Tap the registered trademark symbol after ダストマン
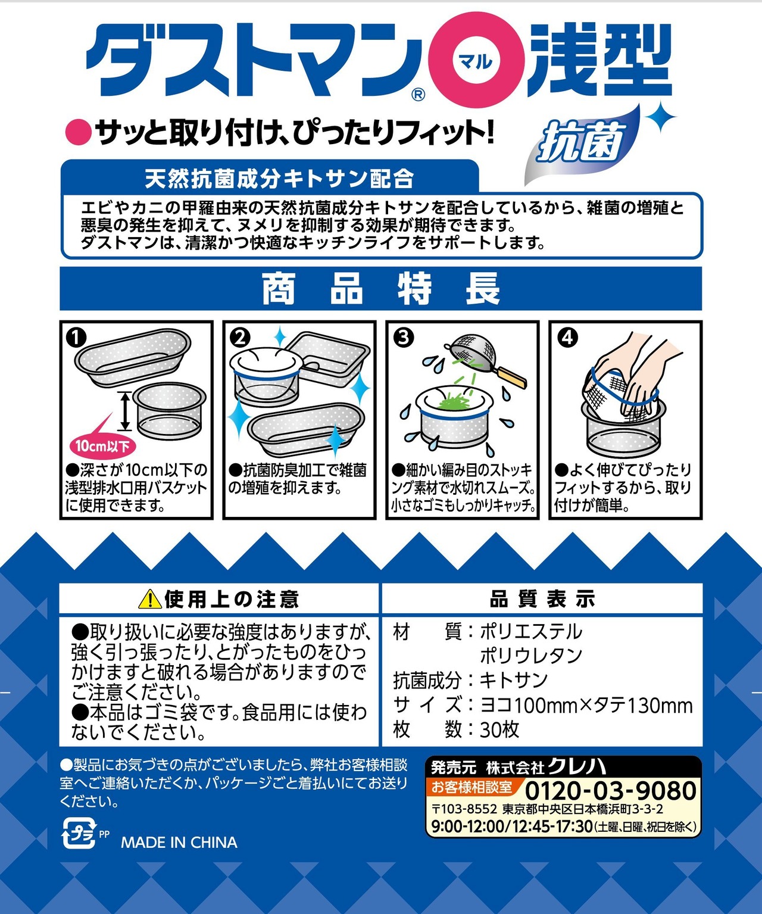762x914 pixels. [418, 95]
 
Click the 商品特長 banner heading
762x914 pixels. [381, 288]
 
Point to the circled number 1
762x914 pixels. [76, 338]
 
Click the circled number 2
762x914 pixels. [240, 338]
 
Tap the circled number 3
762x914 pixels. [404, 338]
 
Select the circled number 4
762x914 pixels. [567, 338]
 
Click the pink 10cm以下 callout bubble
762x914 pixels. [103, 445]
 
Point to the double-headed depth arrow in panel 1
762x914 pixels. [125, 411]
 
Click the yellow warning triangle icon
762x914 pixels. [149, 599]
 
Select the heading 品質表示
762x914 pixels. [542, 599]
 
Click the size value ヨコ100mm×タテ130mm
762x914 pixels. [586, 705]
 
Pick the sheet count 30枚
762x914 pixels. [499, 729]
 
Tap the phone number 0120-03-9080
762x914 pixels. [610, 791]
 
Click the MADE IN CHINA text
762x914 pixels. [179, 842]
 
